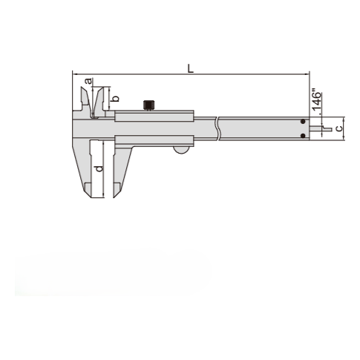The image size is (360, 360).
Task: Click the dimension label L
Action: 191,68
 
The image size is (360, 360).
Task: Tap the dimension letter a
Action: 88,80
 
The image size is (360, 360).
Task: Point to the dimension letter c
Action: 338,128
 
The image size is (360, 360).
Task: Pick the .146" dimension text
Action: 316,101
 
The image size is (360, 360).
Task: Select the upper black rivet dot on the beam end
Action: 303,122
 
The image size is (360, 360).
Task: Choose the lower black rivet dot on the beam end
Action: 303,136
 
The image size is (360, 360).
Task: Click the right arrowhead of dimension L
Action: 306,73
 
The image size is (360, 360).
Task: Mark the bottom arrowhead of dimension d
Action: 102,197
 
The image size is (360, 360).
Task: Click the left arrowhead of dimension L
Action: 74,73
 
